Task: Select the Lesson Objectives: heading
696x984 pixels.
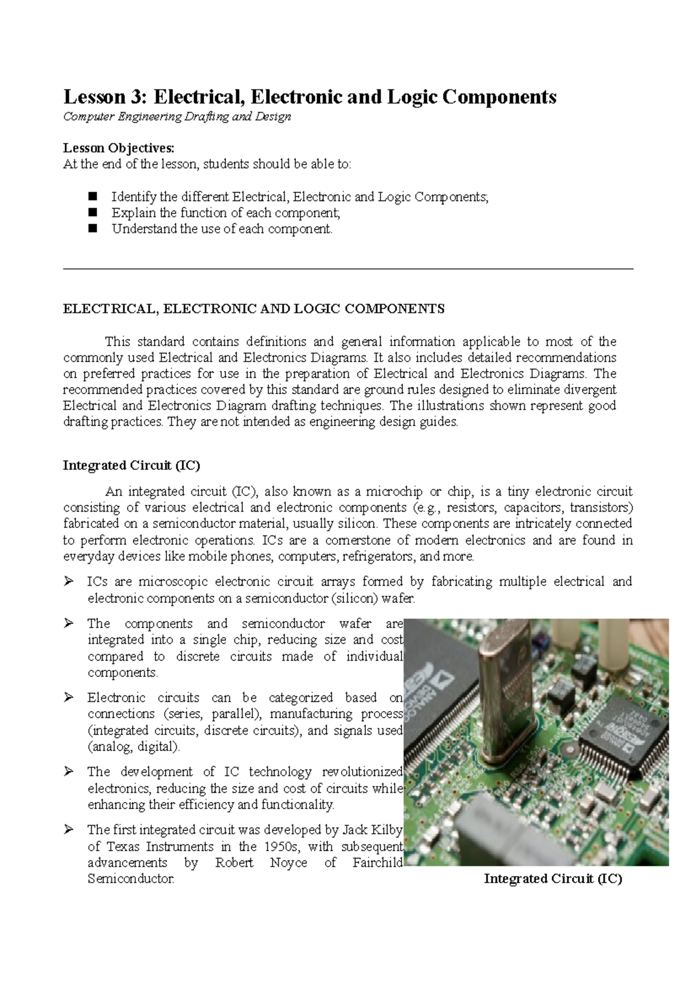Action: click(x=118, y=147)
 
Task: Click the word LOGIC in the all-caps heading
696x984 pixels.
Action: click(x=320, y=309)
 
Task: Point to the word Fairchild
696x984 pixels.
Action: click(x=377, y=862)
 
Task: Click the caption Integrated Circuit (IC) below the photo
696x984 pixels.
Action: click(x=553, y=879)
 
